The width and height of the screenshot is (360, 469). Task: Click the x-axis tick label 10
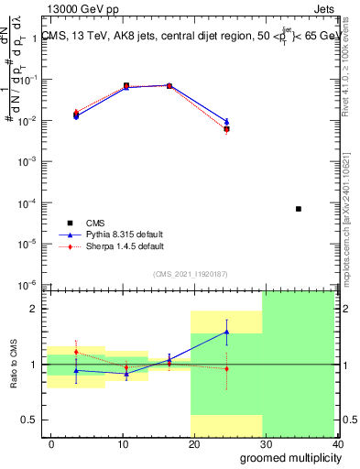pos(122,443)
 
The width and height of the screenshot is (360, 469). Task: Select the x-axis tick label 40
pos(336,443)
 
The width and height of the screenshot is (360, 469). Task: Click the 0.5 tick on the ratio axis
pos(35,420)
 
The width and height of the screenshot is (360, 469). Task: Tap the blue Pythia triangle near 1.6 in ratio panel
pos(226,332)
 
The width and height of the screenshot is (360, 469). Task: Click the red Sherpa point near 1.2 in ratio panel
pos(76,352)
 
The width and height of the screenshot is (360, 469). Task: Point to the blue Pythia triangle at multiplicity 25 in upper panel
pos(226,121)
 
